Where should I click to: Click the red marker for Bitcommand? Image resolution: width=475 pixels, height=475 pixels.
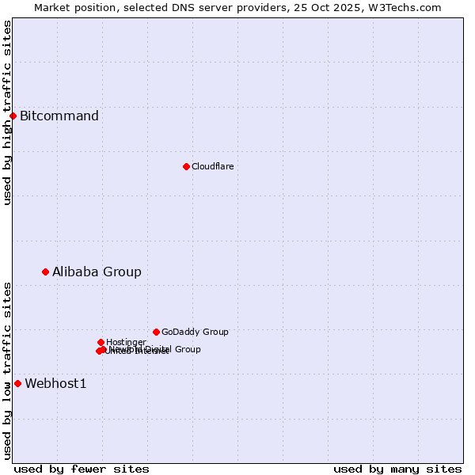(x=13, y=116)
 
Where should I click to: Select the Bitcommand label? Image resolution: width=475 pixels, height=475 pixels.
(x=59, y=116)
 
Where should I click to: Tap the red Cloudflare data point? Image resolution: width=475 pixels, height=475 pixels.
(x=186, y=166)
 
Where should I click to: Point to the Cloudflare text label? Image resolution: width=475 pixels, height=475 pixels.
(x=212, y=166)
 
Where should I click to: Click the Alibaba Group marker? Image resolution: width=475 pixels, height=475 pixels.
(x=45, y=272)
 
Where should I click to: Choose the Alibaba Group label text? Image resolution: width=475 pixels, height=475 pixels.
(x=97, y=272)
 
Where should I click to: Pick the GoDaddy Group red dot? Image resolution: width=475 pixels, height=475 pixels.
(x=156, y=332)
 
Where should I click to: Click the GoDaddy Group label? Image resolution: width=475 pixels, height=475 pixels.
(x=195, y=332)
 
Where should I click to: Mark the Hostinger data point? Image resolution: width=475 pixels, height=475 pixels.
(x=101, y=342)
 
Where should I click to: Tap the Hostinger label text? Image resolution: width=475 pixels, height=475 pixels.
(x=126, y=342)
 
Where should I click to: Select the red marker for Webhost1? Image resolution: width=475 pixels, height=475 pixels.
(x=17, y=383)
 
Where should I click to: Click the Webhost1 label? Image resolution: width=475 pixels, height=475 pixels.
(x=55, y=384)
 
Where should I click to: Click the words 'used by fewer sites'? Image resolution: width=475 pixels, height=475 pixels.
(x=82, y=469)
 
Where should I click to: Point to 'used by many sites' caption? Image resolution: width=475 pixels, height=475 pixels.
(x=397, y=469)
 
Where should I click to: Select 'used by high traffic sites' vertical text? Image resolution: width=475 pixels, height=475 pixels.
(x=7, y=112)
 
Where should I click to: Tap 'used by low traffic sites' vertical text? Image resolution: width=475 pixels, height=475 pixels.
(x=7, y=370)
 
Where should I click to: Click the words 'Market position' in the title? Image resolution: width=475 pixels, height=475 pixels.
(x=70, y=7)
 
